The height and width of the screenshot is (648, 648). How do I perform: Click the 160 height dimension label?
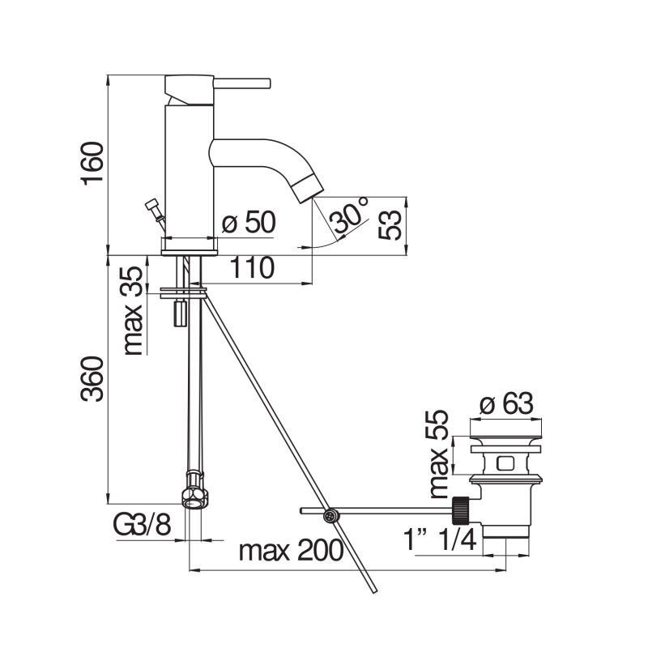(x=92, y=164)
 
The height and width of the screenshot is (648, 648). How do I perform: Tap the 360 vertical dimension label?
(x=92, y=379)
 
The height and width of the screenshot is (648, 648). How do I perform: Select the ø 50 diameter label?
(x=249, y=222)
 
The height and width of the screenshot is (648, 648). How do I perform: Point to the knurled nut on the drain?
(x=463, y=510)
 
